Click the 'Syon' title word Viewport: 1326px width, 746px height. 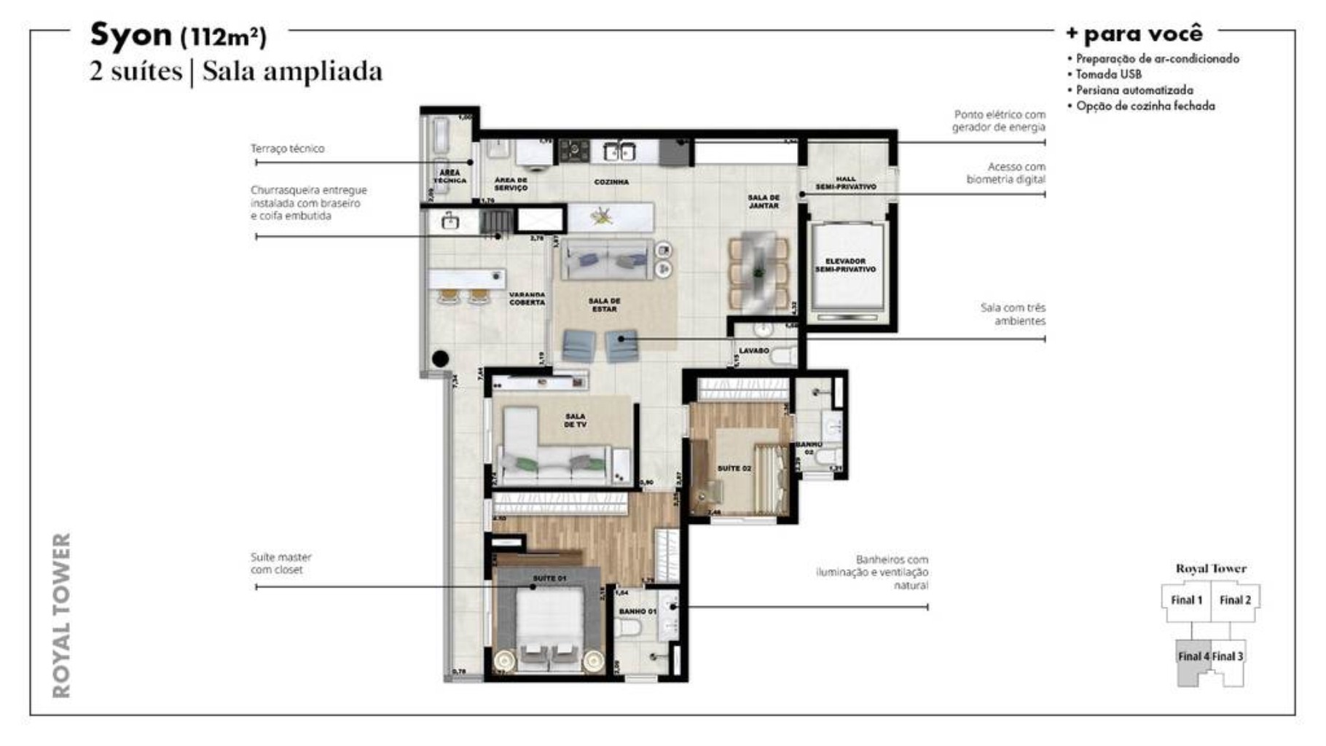130,34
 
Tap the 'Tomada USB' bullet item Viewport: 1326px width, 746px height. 1108,74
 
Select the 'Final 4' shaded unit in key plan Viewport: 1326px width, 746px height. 1193,657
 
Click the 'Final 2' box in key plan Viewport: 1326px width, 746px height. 1235,600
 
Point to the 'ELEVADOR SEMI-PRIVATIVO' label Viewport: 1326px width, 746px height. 845,265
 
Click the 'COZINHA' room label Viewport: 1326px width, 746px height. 611,182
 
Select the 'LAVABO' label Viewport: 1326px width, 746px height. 753,351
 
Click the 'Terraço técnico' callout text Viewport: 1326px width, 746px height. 288,149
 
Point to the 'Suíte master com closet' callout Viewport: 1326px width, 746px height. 280,563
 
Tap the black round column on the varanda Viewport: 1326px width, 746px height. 440,358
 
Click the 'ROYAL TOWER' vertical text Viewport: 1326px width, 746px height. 63,616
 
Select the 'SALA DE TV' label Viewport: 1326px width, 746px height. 575,420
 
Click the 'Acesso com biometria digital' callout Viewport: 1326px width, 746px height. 1005,173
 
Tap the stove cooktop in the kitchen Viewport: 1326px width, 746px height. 574,151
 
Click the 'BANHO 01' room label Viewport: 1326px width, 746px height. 637,611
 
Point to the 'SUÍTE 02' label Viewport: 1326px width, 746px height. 734,468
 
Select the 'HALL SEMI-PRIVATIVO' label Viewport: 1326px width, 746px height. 846,183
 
